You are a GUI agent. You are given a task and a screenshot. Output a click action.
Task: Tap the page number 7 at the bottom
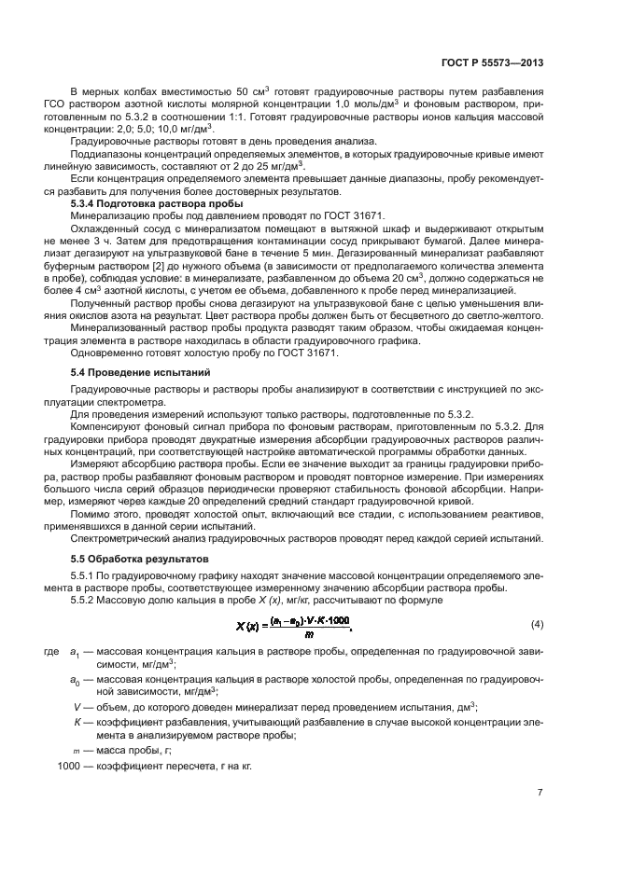[x=540, y=793]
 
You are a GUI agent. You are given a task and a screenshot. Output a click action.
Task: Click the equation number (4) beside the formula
[x=537, y=623]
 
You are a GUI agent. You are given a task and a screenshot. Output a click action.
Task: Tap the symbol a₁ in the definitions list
[x=75, y=651]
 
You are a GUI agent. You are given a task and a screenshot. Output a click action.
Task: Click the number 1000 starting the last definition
[x=68, y=766]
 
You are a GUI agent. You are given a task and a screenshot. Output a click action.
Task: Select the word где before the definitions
[x=50, y=651]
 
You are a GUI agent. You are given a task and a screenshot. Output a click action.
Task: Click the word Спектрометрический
[x=117, y=538]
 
